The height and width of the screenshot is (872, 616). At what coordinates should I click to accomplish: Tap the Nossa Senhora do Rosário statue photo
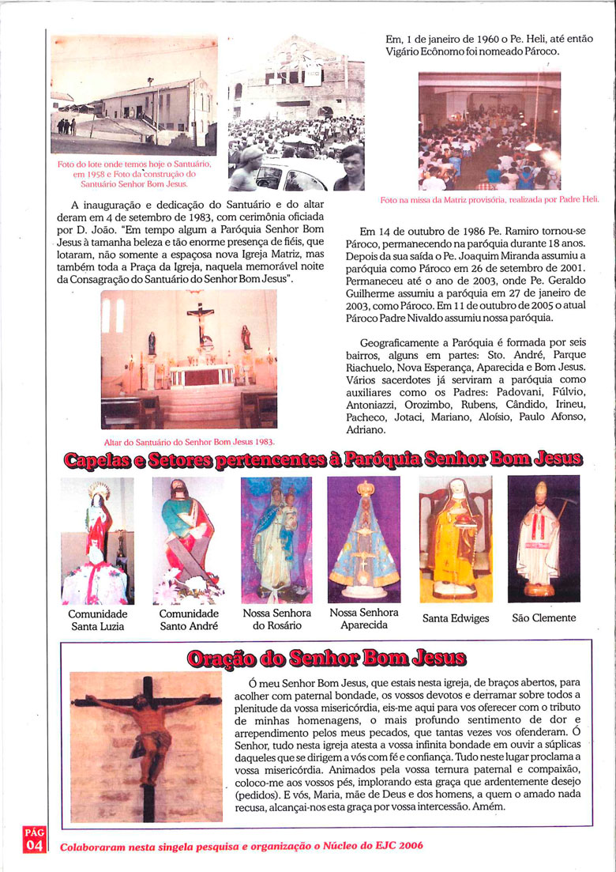(x=276, y=540)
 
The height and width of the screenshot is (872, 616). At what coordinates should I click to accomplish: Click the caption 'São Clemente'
(x=543, y=618)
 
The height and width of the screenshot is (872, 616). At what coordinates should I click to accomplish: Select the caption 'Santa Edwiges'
(x=456, y=618)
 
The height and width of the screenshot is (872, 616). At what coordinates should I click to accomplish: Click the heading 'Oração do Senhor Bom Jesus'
(x=326, y=659)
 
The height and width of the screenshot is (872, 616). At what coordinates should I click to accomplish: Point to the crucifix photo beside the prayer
(x=146, y=747)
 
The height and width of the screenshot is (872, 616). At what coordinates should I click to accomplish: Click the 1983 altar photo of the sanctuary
(x=190, y=359)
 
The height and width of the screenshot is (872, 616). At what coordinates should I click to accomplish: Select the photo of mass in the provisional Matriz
(x=489, y=131)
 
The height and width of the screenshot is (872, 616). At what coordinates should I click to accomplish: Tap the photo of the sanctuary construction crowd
(x=296, y=113)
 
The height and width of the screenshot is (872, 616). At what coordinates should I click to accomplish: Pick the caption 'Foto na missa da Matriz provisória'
(x=490, y=200)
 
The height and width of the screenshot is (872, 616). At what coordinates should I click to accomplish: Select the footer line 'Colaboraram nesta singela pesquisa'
(x=242, y=845)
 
